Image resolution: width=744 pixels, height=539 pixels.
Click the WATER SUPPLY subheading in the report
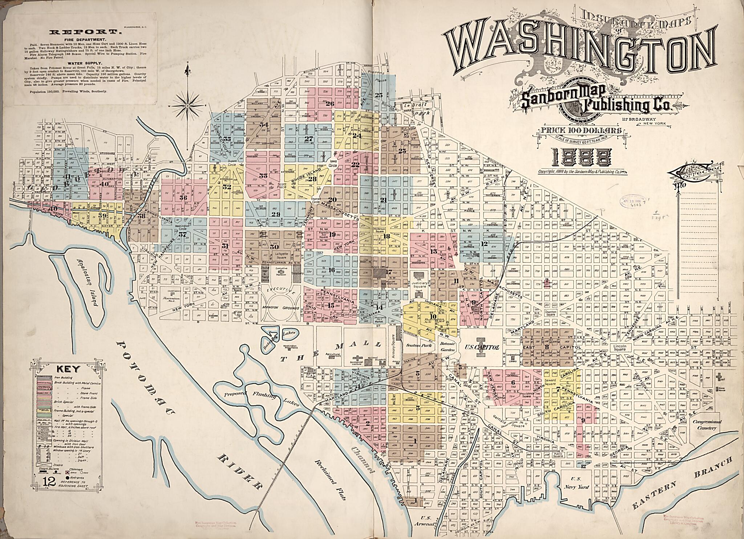tap(85, 63)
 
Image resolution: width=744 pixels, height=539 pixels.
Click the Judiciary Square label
tap(420, 285)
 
